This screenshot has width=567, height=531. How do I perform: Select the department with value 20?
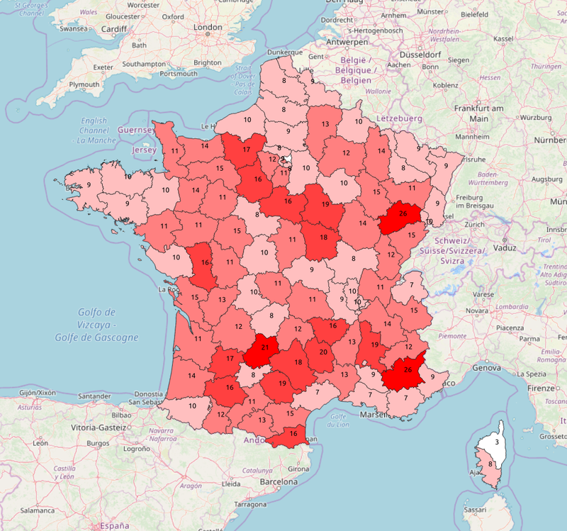(x=323, y=352)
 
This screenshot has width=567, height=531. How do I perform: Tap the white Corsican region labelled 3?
(x=496, y=442)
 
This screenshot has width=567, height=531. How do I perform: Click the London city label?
(x=208, y=28)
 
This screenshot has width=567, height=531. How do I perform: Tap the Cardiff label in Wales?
(x=113, y=29)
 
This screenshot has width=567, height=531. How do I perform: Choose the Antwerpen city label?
(x=348, y=42)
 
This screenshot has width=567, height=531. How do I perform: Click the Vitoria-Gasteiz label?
(x=99, y=428)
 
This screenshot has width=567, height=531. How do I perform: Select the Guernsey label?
(x=135, y=130)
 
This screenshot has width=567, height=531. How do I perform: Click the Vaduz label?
(x=504, y=248)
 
